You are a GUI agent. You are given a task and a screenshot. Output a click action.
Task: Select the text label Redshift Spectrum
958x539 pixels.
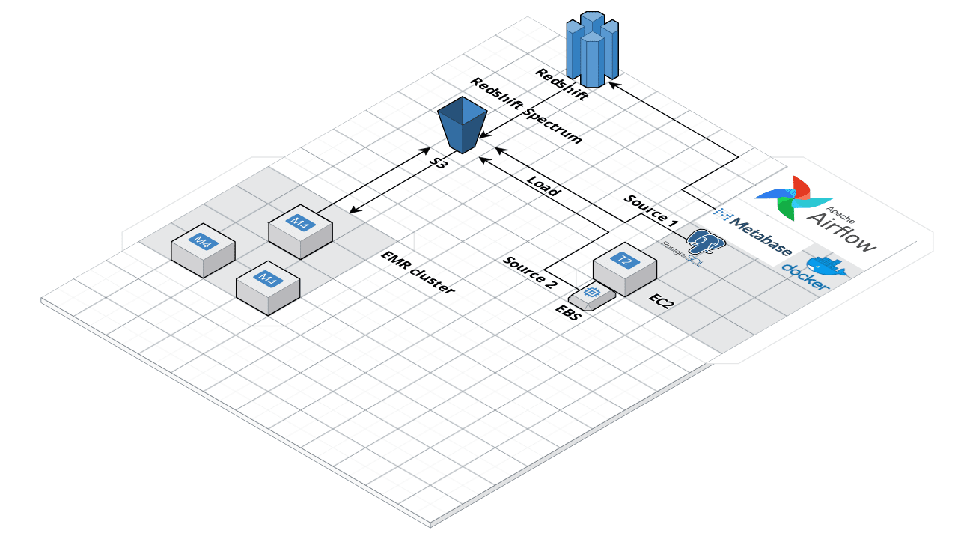pos(525,111)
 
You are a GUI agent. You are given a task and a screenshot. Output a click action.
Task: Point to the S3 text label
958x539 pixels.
pos(439,160)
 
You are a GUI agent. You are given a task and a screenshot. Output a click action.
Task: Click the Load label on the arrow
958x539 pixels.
pos(543,186)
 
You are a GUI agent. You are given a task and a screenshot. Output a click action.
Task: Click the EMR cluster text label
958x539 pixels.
pos(417,272)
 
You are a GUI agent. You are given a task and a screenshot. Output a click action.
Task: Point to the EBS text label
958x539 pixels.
pos(567,313)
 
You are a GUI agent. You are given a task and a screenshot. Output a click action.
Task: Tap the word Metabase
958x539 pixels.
pos(761,236)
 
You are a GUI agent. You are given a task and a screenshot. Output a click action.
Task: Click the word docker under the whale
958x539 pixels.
pos(805,278)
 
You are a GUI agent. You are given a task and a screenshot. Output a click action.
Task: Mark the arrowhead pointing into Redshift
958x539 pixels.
pos(614,83)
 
